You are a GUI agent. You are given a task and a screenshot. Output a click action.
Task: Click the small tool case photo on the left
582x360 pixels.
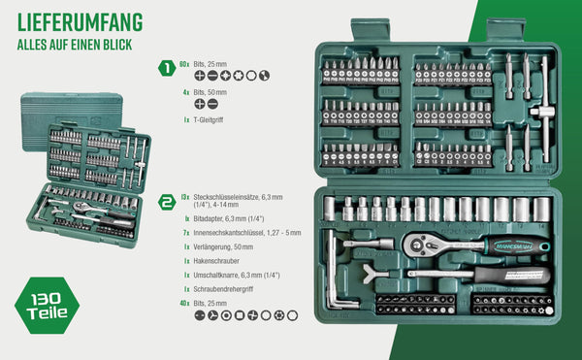pos(86,174)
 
